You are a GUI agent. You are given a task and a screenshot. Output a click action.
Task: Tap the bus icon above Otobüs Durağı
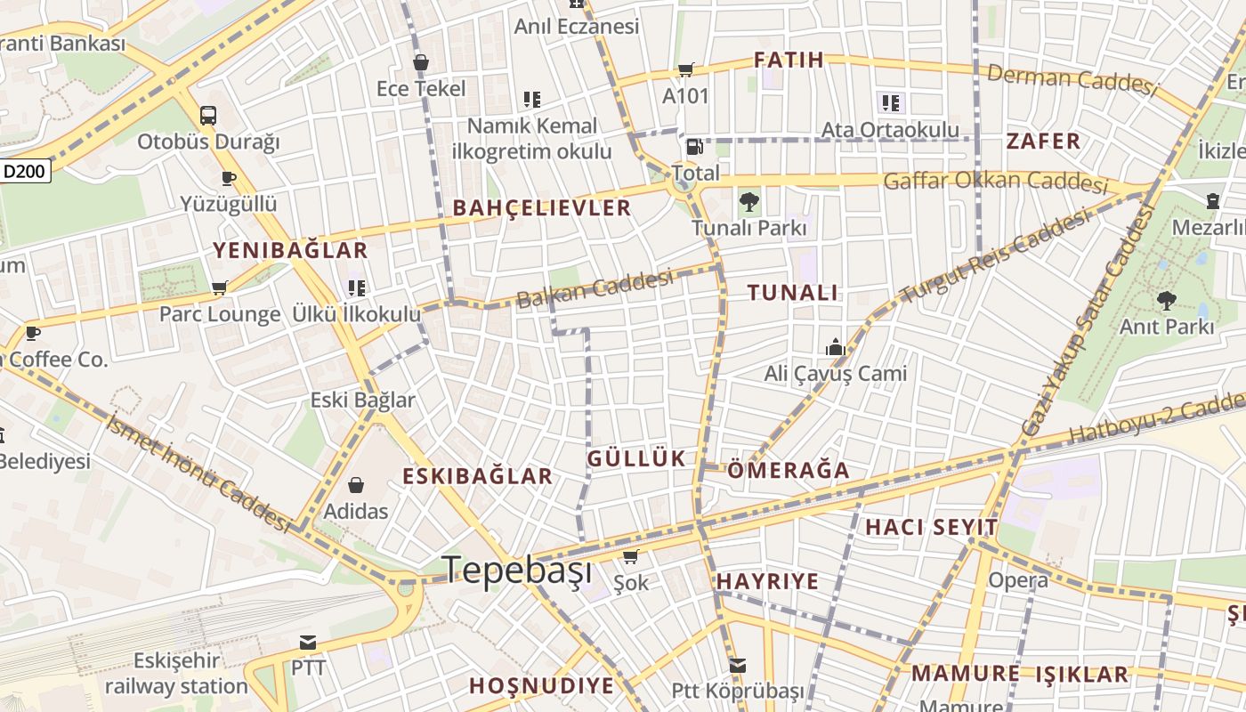208,115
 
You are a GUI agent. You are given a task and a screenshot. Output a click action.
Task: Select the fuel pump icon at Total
693,147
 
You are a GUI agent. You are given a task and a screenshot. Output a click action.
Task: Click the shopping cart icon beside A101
685,69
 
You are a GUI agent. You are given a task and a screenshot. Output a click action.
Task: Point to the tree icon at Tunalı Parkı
749,202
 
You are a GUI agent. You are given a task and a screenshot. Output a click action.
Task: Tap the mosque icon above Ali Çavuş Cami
835,347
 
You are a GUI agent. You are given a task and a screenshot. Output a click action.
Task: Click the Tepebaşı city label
517,570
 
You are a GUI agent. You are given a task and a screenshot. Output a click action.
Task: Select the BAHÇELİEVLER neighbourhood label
542,208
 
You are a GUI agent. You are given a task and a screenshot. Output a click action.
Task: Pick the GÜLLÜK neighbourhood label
636,459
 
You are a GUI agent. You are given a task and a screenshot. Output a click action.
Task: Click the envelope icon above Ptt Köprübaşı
737,665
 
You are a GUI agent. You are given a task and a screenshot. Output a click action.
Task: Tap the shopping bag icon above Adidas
356,485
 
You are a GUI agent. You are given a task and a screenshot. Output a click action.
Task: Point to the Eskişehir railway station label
176,674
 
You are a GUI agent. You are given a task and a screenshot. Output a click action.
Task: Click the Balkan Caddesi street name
595,288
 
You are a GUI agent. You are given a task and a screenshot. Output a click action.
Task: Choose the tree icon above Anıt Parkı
1166,300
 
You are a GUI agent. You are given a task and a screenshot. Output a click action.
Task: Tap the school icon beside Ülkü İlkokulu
357,287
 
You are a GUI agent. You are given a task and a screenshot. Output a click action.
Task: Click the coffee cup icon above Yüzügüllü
229,178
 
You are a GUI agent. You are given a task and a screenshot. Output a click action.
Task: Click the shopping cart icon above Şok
631,557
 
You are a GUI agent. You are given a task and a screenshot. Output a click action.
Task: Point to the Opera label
1018,581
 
